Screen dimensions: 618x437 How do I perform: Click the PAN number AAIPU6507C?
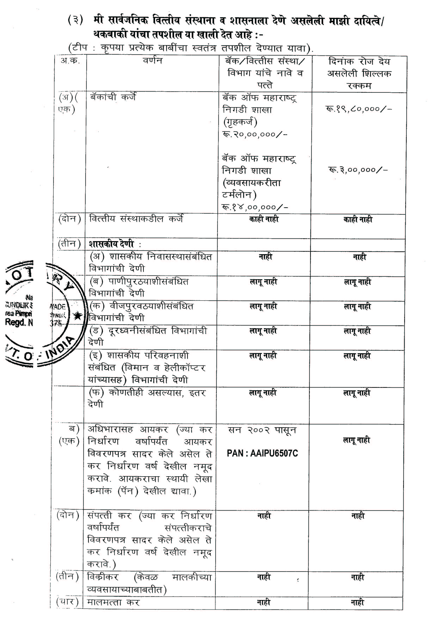pyautogui.click(x=262, y=453)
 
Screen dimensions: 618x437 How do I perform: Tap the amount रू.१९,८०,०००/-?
pyautogui.click(x=359, y=109)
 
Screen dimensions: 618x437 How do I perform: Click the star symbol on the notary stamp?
pyautogui.click(x=78, y=316)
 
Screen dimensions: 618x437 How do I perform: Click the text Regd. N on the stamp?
pyautogui.click(x=19, y=322)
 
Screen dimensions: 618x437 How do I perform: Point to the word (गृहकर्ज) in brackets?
pyautogui.click(x=240, y=122)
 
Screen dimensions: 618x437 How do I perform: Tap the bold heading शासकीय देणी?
pyautogui.click(x=111, y=244)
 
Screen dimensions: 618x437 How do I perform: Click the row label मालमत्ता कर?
pyautogui.click(x=113, y=602)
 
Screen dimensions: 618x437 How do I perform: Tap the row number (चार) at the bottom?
pyautogui.click(x=67, y=602)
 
